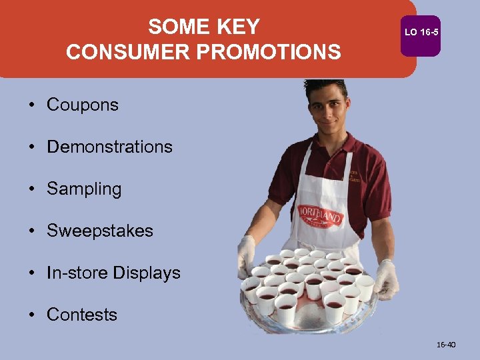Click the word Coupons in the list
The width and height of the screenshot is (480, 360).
pyautogui.click(x=82, y=105)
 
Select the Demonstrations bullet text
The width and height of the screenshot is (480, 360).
pyautogui.click(x=109, y=147)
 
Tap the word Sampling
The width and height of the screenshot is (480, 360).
pyautogui.click(x=84, y=189)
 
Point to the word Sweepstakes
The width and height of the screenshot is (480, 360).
pyautogui.click(x=100, y=231)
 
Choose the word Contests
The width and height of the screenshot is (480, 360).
pyautogui.click(x=81, y=315)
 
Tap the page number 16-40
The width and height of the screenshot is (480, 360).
pyautogui.click(x=446, y=345)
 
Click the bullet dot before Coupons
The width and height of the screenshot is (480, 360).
pyautogui.click(x=32, y=105)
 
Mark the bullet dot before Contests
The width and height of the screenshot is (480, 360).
pyautogui.click(x=32, y=315)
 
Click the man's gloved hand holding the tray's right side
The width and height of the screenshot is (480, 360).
pyautogui.click(x=386, y=280)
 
